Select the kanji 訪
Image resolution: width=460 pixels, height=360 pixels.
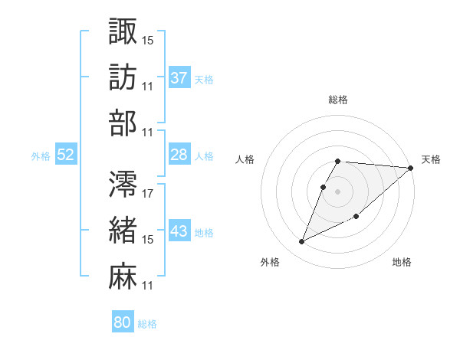pos(123,77)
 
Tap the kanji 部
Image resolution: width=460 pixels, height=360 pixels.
pos(123,123)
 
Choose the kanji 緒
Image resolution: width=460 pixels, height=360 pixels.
pos(123,229)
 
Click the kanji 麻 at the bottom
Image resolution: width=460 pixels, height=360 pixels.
pos(123,276)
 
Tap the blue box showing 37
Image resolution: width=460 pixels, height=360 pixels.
pos(179,78)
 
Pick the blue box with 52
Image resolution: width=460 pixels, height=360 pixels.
pos(65,155)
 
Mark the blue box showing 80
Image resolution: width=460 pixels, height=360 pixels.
pos(122,323)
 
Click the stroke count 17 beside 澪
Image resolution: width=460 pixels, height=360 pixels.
pos(148,193)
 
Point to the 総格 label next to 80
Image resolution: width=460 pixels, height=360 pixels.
pos(147,324)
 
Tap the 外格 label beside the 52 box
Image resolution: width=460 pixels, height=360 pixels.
pos(41,156)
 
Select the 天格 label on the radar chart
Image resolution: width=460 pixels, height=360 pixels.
pos(431,159)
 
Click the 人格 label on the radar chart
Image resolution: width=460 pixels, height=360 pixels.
pos(245,159)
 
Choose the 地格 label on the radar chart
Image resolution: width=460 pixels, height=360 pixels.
pos(402,263)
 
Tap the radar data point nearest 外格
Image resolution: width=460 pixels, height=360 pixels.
pos(302,242)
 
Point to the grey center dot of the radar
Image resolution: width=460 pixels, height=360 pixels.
pos(338,191)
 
